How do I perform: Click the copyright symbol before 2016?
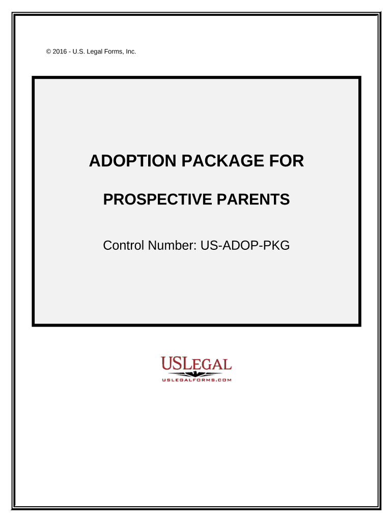[48, 51]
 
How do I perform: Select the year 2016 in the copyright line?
[60, 51]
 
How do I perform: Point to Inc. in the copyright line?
[131, 51]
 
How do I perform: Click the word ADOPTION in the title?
[133, 161]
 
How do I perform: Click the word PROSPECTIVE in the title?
[158, 199]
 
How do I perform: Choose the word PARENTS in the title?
[254, 199]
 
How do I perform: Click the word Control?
[124, 246]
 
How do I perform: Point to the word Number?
[173, 246]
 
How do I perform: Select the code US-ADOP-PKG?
[245, 246]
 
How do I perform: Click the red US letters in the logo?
[172, 363]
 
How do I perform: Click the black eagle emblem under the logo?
[196, 374]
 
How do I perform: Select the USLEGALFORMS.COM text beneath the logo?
[197, 380]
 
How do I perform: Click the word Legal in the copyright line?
[95, 52]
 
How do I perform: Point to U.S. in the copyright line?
[79, 51]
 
